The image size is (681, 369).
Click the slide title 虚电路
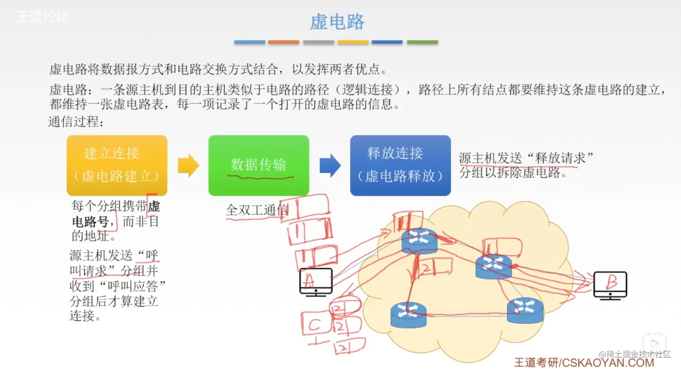(337, 22)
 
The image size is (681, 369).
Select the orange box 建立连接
(117, 165)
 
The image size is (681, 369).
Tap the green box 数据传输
(259, 165)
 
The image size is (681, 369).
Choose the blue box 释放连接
(400, 165)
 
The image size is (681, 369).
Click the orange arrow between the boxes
(188, 165)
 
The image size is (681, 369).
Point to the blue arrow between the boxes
(330, 165)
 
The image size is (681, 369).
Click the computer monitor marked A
(316, 282)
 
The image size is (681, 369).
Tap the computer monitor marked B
(610, 285)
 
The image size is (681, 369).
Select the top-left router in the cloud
(419, 241)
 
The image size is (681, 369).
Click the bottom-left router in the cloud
(409, 314)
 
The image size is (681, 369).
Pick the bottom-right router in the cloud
(525, 310)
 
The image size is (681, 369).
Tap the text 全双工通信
(257, 210)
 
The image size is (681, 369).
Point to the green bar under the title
(422, 42)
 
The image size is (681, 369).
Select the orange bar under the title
(284, 42)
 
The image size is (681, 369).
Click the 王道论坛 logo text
(43, 17)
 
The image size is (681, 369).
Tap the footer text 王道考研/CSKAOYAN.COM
(584, 363)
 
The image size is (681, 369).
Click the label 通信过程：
(76, 122)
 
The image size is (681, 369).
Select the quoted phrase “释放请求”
(559, 158)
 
